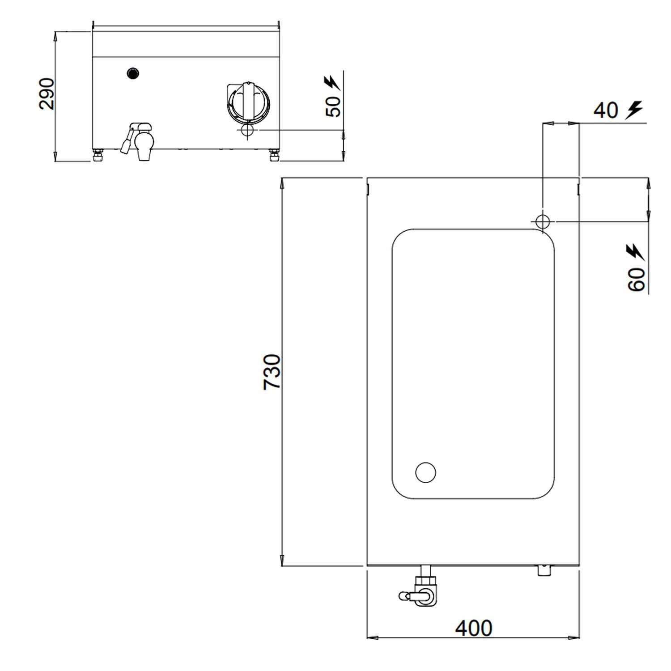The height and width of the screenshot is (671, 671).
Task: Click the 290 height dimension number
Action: pyautogui.click(x=47, y=93)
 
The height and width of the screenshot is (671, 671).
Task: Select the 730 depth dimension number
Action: pyautogui.click(x=272, y=372)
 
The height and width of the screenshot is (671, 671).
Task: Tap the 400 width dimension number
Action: pyautogui.click(x=474, y=629)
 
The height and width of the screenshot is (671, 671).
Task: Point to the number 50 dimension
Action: pyautogui.click(x=334, y=106)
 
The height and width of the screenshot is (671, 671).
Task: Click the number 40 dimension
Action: pyautogui.click(x=606, y=110)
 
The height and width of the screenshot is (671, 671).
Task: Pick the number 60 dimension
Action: pyautogui.click(x=636, y=279)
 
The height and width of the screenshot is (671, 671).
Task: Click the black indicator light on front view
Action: pyautogui.click(x=133, y=73)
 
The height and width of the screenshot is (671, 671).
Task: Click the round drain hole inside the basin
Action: pyautogui.click(x=425, y=472)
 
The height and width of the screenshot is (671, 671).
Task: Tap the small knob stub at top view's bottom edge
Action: pyautogui.click(x=544, y=570)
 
